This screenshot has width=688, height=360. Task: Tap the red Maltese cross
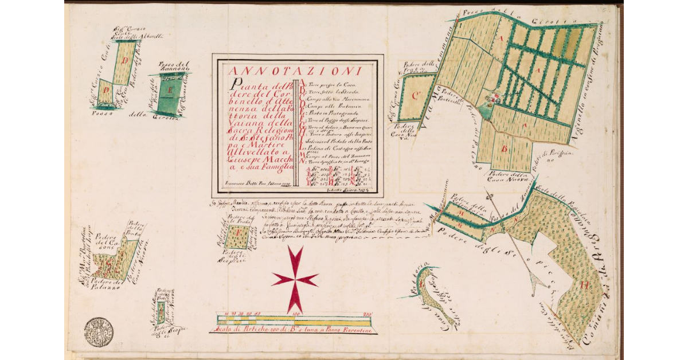click(x=295, y=279)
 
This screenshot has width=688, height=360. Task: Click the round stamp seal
click(x=99, y=332)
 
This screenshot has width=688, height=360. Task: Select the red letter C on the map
click(x=417, y=95)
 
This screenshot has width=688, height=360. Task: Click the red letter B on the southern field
click(x=505, y=150)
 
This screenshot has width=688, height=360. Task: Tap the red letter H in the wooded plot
click(x=585, y=283)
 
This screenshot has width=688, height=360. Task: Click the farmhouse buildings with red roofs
click(x=491, y=101)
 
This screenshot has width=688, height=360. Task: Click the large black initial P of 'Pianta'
click(x=231, y=85)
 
